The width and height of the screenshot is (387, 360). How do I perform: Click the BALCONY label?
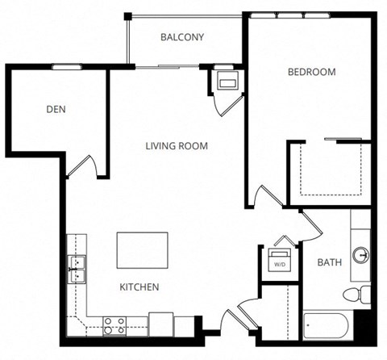point(181,37)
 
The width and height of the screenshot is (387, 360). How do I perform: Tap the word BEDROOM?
point(311,72)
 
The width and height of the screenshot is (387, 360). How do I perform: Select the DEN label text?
point(56,109)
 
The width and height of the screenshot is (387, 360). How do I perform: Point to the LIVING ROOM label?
point(177,146)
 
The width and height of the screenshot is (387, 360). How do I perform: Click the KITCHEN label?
point(139,287)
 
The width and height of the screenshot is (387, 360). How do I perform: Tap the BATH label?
point(329,262)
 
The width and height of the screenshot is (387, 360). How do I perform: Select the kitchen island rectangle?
point(143,251)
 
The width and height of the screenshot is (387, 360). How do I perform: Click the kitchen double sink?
point(77,269)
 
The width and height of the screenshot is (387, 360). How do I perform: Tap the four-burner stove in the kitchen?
point(114,325)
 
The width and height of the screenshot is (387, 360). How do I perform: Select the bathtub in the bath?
point(326,326)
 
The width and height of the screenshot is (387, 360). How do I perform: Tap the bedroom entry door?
point(264,199)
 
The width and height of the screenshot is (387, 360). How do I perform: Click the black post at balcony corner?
point(126,15)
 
